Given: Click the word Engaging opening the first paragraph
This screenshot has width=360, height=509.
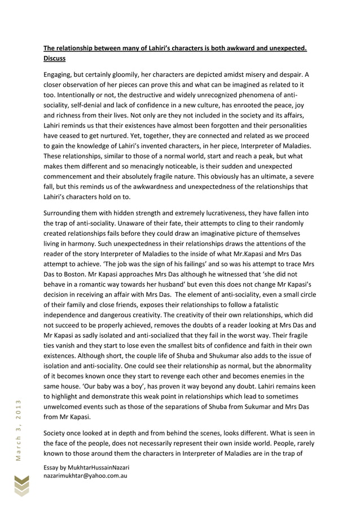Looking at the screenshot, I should (60, 74).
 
